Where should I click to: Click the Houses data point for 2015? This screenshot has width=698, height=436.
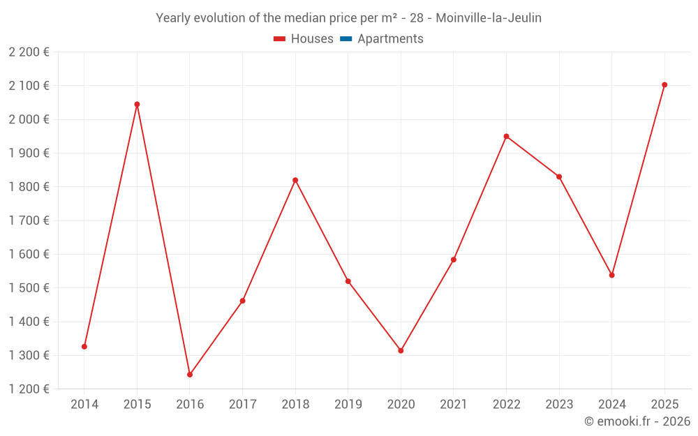[x=137, y=104]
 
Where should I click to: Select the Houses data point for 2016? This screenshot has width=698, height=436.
[x=190, y=375]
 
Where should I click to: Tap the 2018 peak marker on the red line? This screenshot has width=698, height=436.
[x=295, y=180]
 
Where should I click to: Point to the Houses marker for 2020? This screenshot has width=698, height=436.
[x=401, y=350]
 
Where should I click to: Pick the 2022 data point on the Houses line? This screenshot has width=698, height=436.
[x=506, y=136]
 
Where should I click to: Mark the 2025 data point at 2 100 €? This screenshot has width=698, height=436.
[x=664, y=84]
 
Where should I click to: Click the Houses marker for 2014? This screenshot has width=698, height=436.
[x=84, y=346]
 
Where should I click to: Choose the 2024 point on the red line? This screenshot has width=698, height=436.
[x=611, y=275]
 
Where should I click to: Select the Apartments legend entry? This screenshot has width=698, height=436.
[x=390, y=39]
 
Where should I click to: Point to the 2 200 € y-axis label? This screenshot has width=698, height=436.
[x=29, y=52]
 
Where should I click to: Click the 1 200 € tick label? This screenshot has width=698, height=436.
[x=29, y=389]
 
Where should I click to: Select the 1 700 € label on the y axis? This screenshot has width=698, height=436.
[x=29, y=220]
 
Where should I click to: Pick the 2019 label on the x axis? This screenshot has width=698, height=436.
[x=348, y=404]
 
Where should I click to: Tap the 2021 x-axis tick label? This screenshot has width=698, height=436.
[x=454, y=404]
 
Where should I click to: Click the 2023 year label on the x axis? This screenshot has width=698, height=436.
[x=559, y=404]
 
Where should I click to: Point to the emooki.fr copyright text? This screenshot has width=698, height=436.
[x=637, y=421]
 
